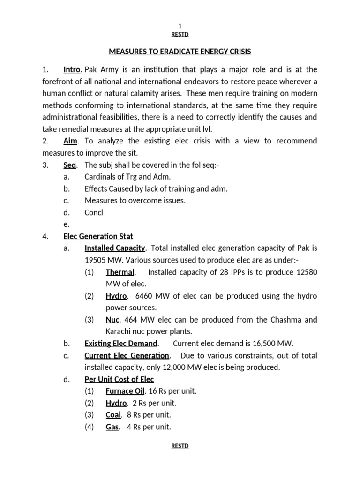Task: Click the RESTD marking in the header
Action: [x=180, y=35]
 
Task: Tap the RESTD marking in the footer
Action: [x=180, y=446]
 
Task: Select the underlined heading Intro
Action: [x=72, y=70]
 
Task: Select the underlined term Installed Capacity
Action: [x=115, y=248]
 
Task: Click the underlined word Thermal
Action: [x=120, y=272]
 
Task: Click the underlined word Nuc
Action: [x=112, y=320]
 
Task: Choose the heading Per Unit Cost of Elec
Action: [x=119, y=379]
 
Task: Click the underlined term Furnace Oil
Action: [x=125, y=391]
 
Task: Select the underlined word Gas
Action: [x=112, y=427]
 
